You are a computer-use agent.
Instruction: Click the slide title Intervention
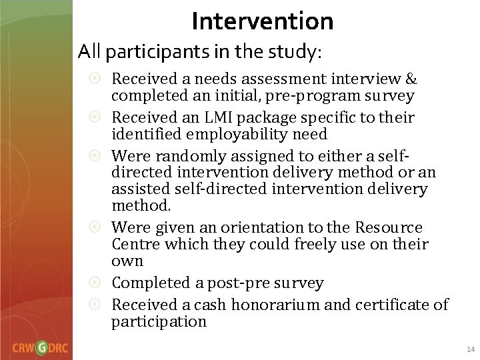tap(262, 21)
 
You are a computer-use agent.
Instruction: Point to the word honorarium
tap(259, 305)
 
